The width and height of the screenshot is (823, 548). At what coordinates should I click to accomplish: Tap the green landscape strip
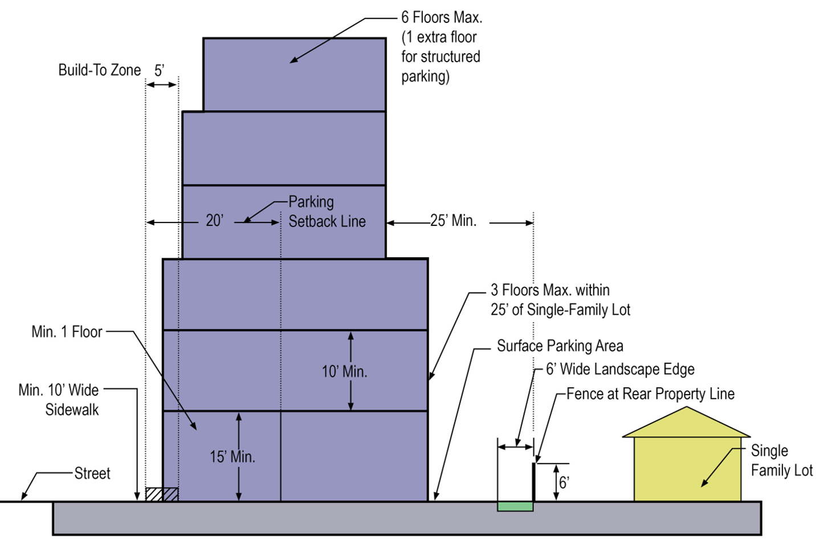coord(515,506)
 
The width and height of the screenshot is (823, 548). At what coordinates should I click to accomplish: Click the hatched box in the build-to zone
coord(161,494)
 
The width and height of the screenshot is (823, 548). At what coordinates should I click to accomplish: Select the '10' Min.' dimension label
coord(344,372)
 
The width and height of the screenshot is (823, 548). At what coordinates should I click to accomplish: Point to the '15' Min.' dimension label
coord(232,457)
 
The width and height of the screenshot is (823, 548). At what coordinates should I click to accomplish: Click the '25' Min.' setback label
coord(453,221)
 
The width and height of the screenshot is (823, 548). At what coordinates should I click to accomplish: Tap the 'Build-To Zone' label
coord(99,70)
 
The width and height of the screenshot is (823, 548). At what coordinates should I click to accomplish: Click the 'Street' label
coord(92,473)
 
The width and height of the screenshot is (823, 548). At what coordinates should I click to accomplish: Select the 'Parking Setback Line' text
coord(327,212)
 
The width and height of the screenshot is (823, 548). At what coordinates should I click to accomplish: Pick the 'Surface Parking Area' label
coord(560,346)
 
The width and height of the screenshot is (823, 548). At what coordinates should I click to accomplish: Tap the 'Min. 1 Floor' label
coord(67,332)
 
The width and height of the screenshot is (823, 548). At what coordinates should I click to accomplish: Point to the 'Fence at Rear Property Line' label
coord(650,394)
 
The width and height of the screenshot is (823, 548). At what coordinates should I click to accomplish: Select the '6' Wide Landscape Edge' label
coord(620,370)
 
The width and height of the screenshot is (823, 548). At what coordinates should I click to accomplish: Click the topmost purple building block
coord(294,75)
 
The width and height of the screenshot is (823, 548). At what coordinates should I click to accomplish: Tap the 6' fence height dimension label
coord(564,483)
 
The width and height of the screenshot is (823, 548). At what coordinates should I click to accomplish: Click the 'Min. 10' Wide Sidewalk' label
coord(59,400)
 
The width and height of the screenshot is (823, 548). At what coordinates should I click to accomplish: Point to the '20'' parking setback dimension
coord(214,221)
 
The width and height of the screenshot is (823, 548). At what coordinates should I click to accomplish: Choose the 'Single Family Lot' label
coord(781,460)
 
